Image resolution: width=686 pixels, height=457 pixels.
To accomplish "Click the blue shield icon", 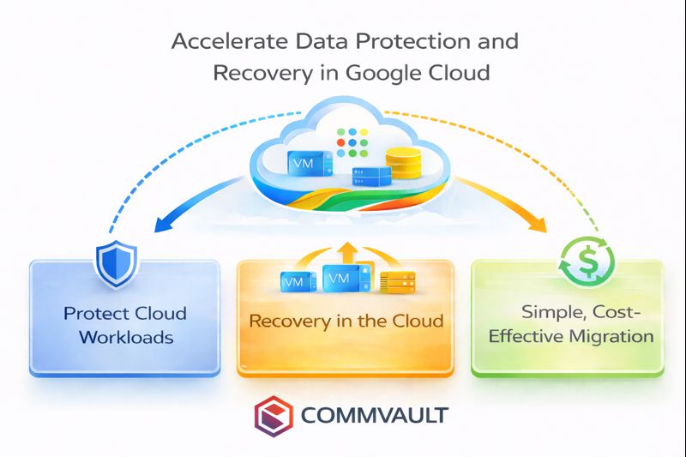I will (112, 263).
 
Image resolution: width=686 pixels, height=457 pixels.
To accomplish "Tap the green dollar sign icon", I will (575, 260).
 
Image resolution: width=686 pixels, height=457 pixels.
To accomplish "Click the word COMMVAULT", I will (374, 417).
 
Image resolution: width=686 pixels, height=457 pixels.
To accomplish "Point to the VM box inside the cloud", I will (303, 163).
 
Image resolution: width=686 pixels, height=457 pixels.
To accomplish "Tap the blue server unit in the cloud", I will (372, 177).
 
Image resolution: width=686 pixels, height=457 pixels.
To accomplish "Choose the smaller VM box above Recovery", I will (294, 280).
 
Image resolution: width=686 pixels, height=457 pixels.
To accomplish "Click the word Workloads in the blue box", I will (126, 336).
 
